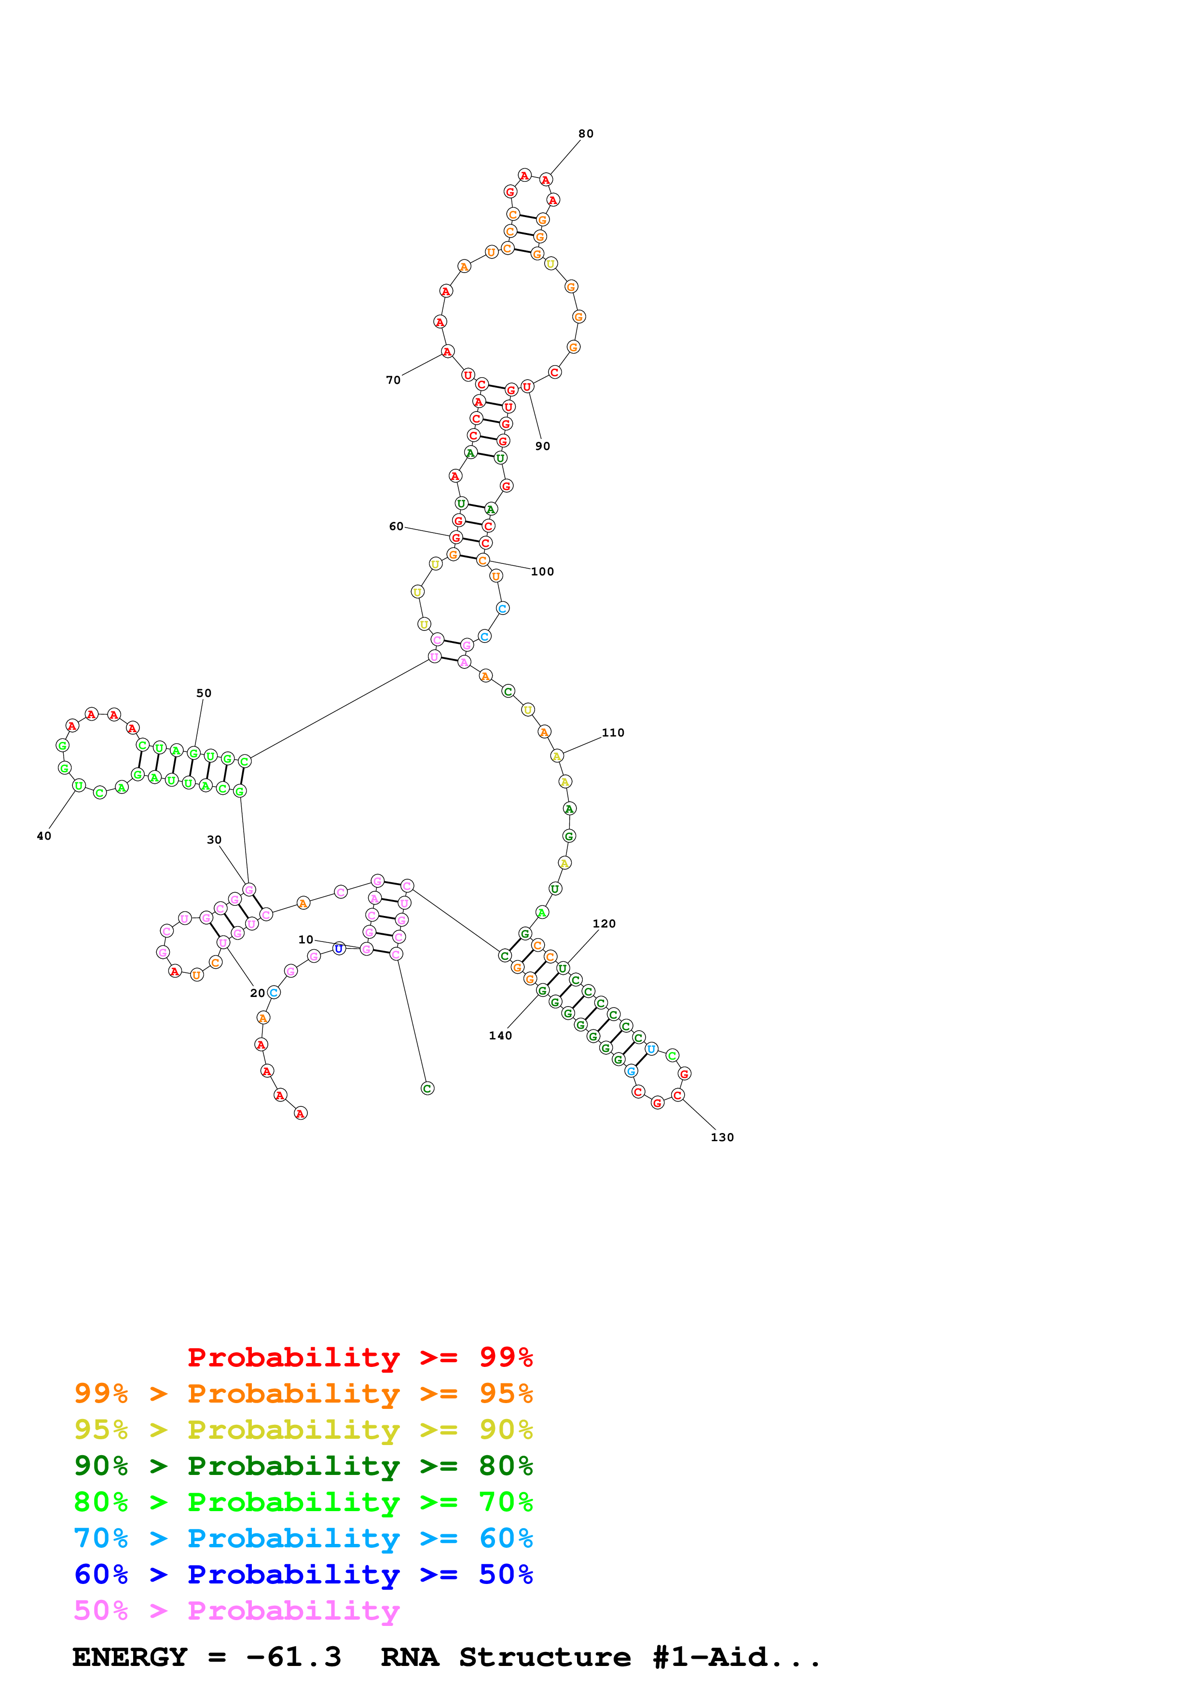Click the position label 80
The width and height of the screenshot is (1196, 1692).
point(585,134)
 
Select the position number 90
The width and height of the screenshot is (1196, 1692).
point(542,446)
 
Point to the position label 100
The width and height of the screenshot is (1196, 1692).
point(542,572)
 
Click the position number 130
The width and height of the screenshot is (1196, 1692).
point(722,1137)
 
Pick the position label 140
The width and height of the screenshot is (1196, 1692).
point(500,1036)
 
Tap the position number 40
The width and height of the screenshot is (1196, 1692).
point(44,836)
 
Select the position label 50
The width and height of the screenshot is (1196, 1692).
point(204,694)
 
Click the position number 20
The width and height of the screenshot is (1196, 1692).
point(257,994)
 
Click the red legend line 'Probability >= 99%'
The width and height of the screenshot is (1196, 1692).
point(359,1357)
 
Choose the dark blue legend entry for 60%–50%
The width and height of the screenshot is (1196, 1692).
point(303,1574)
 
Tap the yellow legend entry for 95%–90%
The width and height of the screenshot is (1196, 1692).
point(303,1430)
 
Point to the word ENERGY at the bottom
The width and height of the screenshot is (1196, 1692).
point(130,1657)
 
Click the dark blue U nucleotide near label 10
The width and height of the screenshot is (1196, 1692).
point(339,948)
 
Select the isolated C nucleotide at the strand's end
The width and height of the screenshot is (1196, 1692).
point(427,1089)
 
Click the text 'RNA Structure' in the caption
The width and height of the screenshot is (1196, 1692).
point(506,1657)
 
